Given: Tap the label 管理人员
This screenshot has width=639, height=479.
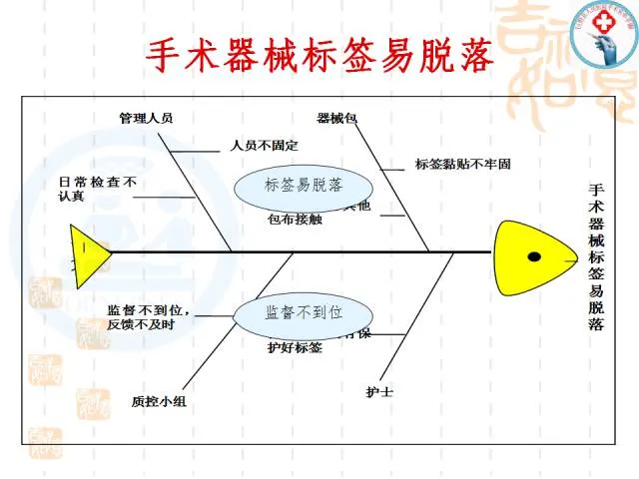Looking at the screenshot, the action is point(146,118).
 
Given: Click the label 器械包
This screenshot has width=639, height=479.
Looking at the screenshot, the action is point(336,118).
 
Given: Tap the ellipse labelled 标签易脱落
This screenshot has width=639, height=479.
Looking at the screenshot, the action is point(304,186).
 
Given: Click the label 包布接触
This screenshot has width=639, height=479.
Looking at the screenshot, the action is point(295,220).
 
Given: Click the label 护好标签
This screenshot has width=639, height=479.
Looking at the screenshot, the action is point(295,348).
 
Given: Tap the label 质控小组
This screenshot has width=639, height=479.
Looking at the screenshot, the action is point(158,401).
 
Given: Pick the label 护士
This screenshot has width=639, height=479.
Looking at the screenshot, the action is point(379,392).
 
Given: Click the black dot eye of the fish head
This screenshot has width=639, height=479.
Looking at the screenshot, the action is point(534,257).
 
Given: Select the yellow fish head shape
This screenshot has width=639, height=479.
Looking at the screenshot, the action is point(529,257).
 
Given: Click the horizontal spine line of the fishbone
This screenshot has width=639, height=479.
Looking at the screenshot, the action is point(300,251).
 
